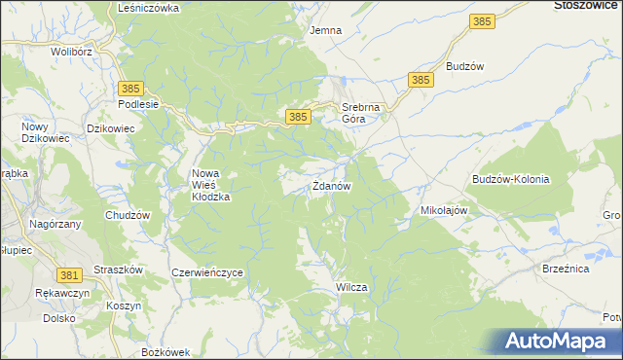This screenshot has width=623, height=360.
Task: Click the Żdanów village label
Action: pos(331,186)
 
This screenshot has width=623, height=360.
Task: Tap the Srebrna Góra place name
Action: pos(358,113)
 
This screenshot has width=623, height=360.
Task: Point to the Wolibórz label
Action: pos(71,51)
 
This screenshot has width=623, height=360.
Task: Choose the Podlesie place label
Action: pos(137,104)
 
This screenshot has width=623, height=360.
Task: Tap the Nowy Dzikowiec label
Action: pos(41,133)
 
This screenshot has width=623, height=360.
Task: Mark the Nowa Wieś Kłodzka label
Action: pos(209,185)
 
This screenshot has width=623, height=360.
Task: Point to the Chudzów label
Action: pos(128,215)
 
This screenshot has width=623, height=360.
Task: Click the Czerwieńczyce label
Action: pos(206,273)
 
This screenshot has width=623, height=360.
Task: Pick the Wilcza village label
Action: pos(350,288)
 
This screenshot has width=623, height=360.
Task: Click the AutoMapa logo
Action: pos(555,341)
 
